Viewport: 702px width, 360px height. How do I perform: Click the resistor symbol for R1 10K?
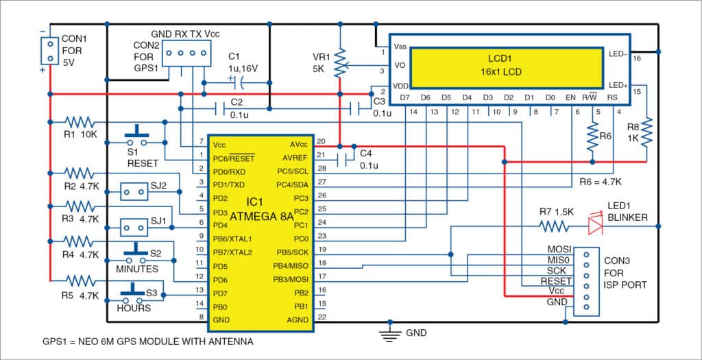tap(82, 122)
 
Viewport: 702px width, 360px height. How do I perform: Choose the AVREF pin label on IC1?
tap(295, 157)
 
